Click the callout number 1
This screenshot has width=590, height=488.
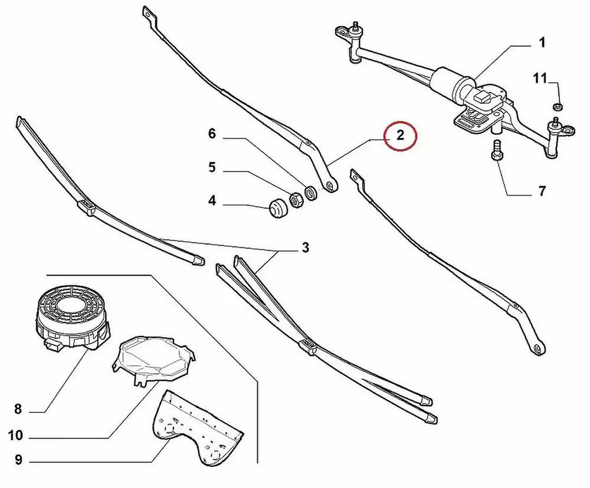(x=542, y=42)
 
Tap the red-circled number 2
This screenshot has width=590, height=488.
(x=400, y=135)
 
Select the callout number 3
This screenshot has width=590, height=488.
(x=305, y=248)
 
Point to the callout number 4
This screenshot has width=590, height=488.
(x=212, y=201)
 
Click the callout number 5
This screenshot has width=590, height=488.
(x=212, y=167)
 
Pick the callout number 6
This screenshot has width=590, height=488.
(x=212, y=133)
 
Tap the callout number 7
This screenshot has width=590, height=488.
(x=542, y=191)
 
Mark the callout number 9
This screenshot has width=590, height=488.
(x=18, y=460)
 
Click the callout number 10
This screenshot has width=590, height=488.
(x=15, y=436)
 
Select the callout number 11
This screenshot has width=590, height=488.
(x=540, y=78)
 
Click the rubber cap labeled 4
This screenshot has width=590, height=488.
(x=278, y=207)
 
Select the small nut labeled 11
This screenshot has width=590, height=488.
(x=558, y=107)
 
